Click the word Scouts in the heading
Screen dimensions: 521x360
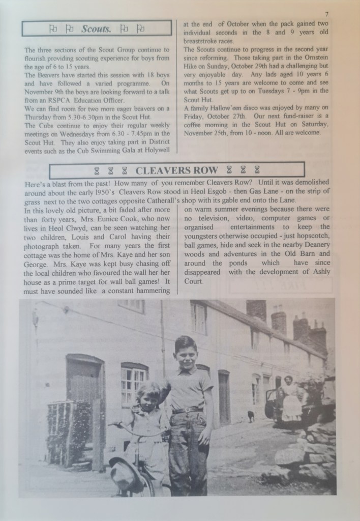pyautogui.click(x=96, y=29)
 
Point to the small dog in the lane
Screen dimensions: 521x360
pyautogui.click(x=251, y=416)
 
